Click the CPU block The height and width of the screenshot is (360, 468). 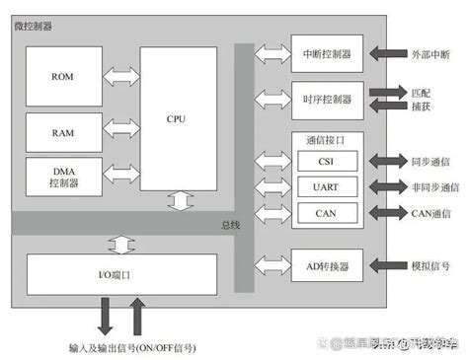click(x=178, y=119)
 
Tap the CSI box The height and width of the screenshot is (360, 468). click(x=323, y=161)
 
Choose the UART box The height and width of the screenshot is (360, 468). click(x=323, y=186)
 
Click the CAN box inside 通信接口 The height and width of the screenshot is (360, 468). click(x=323, y=212)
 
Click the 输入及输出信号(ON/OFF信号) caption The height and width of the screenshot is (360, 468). click(x=131, y=347)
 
